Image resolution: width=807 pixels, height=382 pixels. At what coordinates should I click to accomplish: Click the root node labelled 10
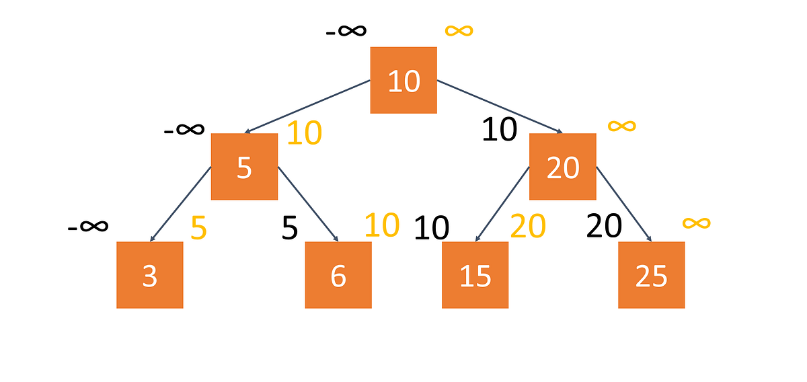pyautogui.click(x=403, y=80)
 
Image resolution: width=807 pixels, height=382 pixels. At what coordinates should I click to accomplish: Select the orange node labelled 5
pyautogui.click(x=244, y=167)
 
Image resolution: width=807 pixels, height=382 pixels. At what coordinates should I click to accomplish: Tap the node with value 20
pyautogui.click(x=562, y=167)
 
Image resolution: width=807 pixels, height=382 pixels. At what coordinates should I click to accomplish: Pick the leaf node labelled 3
pyautogui.click(x=149, y=275)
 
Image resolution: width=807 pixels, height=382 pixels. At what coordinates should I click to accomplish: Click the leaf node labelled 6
pyautogui.click(x=338, y=275)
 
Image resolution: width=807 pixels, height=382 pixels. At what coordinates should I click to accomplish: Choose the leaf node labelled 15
pyautogui.click(x=475, y=275)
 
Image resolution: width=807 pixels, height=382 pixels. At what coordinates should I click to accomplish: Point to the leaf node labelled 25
pyautogui.click(x=651, y=275)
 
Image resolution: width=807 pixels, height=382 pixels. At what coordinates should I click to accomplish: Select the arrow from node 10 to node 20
pyautogui.click(x=501, y=106)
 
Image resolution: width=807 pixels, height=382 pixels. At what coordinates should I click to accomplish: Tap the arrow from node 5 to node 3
pyautogui.click(x=181, y=204)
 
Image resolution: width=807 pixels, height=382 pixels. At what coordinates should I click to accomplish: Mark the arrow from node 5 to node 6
pyautogui.click(x=307, y=204)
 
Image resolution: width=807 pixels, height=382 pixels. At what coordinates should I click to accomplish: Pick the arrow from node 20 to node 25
pyautogui.click(x=623, y=204)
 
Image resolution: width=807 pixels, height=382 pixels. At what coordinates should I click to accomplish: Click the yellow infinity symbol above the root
pyautogui.click(x=459, y=30)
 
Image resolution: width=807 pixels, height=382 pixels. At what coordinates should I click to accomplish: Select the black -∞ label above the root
pyautogui.click(x=346, y=31)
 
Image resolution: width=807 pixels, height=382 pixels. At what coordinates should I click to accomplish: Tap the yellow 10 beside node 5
pyautogui.click(x=304, y=134)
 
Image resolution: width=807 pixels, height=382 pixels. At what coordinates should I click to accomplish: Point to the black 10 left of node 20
pyautogui.click(x=499, y=129)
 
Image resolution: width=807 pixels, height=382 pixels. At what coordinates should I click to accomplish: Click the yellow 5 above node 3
pyautogui.click(x=198, y=229)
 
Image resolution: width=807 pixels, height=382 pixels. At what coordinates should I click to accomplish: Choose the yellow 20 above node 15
pyautogui.click(x=528, y=227)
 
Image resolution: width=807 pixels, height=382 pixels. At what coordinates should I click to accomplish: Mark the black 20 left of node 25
pyautogui.click(x=603, y=227)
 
